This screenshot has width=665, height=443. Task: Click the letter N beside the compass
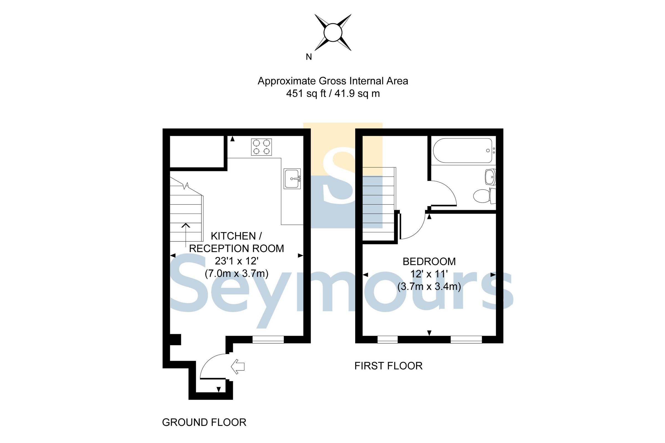coord(309,57)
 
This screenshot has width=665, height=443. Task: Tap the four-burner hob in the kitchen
coord(261,147)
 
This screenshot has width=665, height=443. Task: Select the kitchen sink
coord(292,179)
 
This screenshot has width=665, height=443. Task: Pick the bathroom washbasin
coord(490,177)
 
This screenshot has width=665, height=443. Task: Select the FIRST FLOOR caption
coord(388,366)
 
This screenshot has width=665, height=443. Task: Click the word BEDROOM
coord(429,262)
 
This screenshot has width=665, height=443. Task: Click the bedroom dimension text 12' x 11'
coord(429,274)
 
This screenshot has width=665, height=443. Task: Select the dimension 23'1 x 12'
coord(236,261)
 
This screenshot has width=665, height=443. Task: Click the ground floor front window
coord(268,339)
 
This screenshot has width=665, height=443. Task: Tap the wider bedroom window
coord(466,339)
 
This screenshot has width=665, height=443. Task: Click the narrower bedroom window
coord(387,339)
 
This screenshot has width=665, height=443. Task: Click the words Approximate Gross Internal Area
coord(333,81)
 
